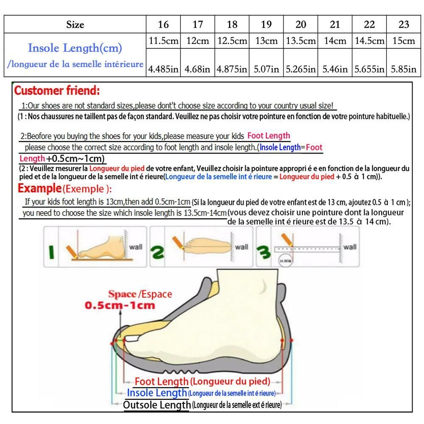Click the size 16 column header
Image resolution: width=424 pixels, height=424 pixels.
(163, 24)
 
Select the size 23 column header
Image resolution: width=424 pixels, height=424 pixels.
(404, 24)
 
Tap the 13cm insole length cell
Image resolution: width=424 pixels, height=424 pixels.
(266, 41)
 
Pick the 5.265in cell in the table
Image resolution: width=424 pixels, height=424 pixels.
(301, 69)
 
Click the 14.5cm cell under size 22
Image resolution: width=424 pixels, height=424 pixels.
(369, 41)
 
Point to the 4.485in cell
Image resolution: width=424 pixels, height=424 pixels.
(163, 69)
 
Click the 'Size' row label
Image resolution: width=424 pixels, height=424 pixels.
(75, 25)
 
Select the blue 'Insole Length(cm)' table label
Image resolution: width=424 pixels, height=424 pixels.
(75, 48)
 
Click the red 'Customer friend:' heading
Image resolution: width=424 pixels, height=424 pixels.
(57, 90)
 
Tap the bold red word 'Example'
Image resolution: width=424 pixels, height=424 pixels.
(40, 188)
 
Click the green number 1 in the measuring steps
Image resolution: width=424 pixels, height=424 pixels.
(51, 252)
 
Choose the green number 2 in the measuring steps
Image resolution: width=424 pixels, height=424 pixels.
(157, 252)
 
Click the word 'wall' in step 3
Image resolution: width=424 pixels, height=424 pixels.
(350, 247)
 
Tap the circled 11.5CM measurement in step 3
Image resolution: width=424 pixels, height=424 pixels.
(285, 261)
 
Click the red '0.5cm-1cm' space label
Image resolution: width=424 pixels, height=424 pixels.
(120, 305)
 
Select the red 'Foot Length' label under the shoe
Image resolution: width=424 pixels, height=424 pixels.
(162, 382)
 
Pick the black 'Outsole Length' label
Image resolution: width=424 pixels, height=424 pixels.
(157, 405)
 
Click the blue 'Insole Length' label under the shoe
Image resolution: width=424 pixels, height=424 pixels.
(157, 393)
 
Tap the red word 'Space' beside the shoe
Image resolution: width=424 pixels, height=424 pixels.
(122, 294)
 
